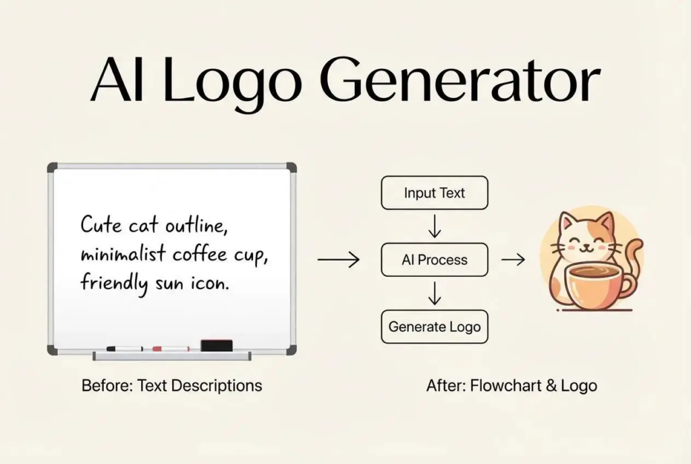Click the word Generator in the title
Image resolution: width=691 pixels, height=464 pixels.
(x=459, y=79)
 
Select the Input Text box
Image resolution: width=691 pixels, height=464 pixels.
(x=435, y=192)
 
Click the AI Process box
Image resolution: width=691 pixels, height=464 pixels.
(x=435, y=260)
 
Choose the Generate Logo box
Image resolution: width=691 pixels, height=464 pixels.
(x=435, y=327)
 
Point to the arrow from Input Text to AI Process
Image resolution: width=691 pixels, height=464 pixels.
(x=435, y=226)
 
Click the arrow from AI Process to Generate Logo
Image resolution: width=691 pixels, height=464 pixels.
(x=435, y=293)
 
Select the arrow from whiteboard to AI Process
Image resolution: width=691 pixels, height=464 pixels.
(x=339, y=259)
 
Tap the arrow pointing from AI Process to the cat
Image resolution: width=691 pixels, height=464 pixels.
(x=513, y=259)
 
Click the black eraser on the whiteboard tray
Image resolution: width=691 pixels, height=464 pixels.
(x=217, y=345)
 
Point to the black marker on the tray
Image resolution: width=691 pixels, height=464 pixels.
(x=124, y=349)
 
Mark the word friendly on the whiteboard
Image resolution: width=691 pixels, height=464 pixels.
(x=113, y=283)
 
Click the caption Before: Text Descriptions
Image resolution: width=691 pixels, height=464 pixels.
(x=172, y=386)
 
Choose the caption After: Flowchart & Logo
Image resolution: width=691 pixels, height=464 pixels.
(x=512, y=386)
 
